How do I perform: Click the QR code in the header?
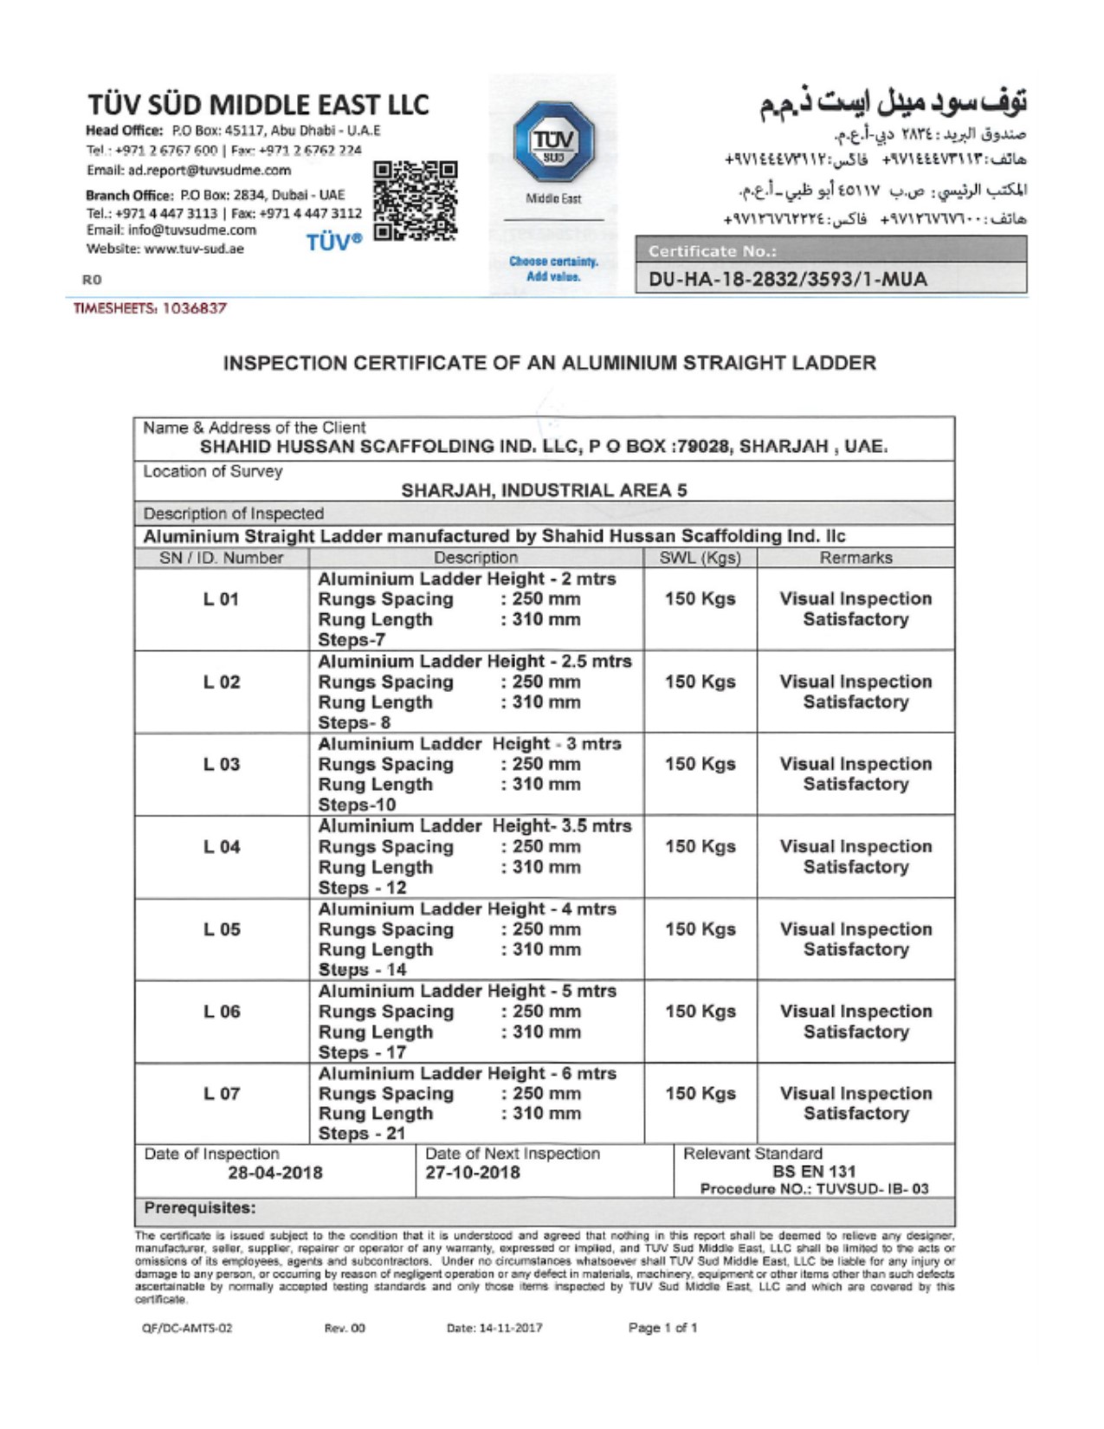tap(415, 200)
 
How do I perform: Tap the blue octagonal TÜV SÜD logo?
tap(552, 141)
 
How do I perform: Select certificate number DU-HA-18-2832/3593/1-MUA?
tap(787, 279)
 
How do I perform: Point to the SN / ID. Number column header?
tap(222, 558)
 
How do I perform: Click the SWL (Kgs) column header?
tap(700, 558)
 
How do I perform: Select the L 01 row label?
tap(221, 599)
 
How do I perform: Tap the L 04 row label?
tap(221, 847)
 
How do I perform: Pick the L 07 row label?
tap(221, 1094)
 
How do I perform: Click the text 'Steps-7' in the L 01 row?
tap(352, 640)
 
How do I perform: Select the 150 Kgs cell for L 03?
tap(700, 764)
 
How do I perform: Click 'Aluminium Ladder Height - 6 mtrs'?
tap(467, 1073)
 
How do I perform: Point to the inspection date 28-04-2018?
tap(274, 1173)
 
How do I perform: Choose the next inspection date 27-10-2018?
tap(473, 1173)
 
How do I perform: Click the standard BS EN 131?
tap(814, 1171)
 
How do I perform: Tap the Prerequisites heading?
tap(200, 1208)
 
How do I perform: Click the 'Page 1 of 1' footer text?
tap(662, 1328)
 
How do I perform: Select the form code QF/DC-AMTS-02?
tap(187, 1328)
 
